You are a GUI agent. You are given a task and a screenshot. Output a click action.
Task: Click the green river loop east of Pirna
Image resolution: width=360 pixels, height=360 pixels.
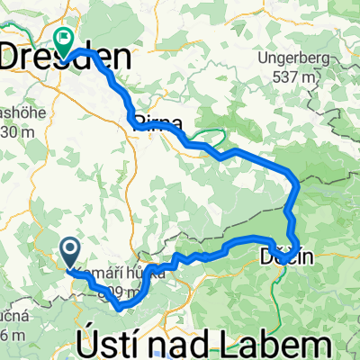click(x=209, y=138)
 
